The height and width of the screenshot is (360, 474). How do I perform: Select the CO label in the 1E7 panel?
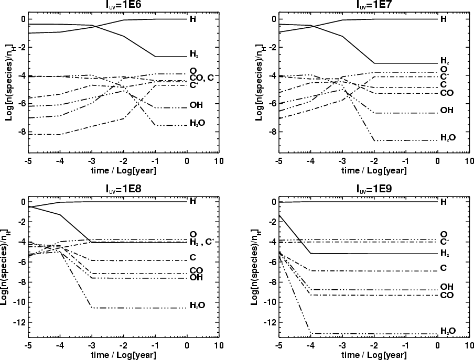pos(446,93)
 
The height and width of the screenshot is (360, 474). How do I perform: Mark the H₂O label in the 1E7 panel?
pos(447,137)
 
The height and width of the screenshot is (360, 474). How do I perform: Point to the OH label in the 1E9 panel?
pos(446,287)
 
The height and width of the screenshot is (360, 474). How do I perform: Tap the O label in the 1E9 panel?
pos(444,234)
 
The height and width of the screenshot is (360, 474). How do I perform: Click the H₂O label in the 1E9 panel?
pos(447,331)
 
